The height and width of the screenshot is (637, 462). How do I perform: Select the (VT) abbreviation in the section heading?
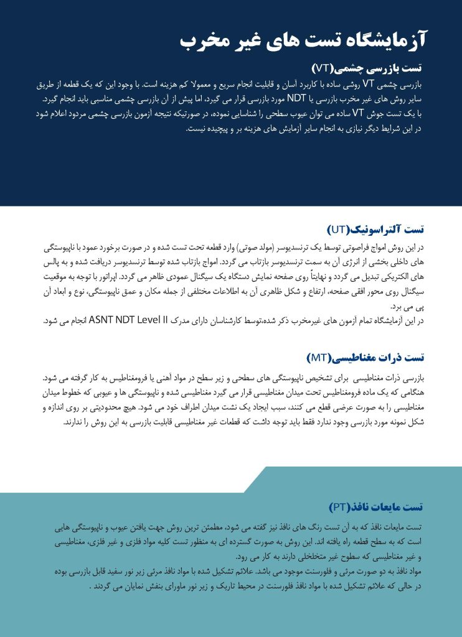324,67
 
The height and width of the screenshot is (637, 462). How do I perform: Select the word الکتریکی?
396,275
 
